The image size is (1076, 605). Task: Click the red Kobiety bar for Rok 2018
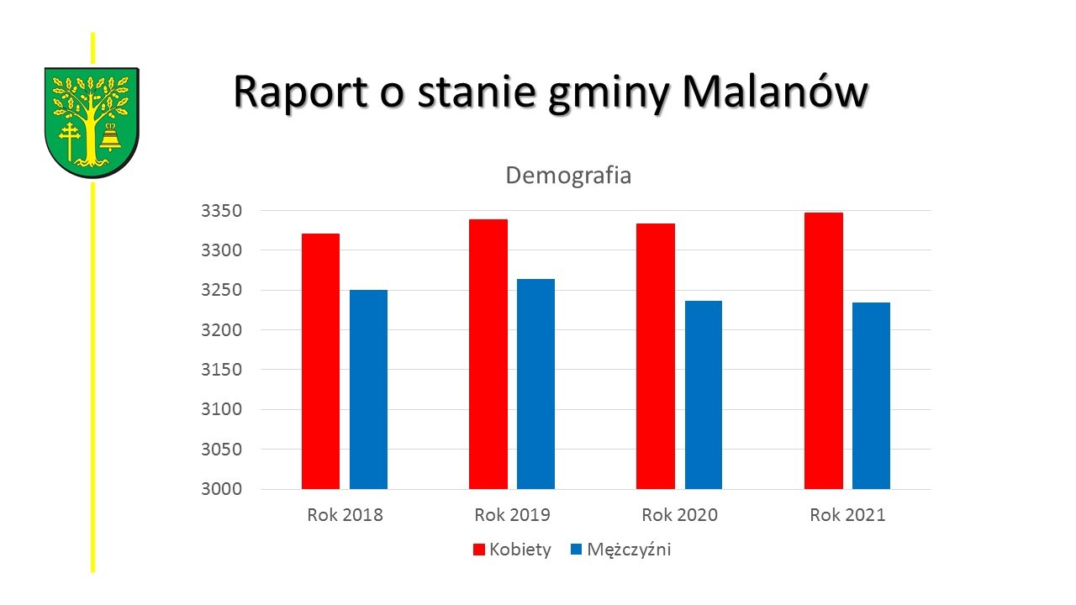click(320, 361)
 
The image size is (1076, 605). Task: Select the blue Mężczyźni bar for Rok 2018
click(368, 389)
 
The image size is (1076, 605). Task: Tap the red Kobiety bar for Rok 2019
click(488, 354)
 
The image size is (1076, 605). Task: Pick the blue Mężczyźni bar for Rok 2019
click(535, 384)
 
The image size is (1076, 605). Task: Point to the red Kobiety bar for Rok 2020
click(656, 356)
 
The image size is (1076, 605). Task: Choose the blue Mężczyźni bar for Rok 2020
click(703, 395)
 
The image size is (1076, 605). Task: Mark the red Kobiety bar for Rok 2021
click(823, 350)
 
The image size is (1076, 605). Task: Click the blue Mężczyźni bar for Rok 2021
click(871, 396)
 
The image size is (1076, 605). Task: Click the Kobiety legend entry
click(512, 550)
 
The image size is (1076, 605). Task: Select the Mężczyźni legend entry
click(620, 550)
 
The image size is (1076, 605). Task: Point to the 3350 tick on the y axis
click(221, 211)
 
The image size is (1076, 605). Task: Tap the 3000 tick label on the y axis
click(221, 489)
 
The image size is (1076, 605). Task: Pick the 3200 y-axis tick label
click(221, 330)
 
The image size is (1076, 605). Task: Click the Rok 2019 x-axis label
click(512, 515)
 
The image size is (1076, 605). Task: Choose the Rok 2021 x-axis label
click(847, 515)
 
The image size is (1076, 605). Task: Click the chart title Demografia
click(568, 176)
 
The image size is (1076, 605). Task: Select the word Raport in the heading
click(298, 91)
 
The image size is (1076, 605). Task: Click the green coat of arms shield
click(92, 123)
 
